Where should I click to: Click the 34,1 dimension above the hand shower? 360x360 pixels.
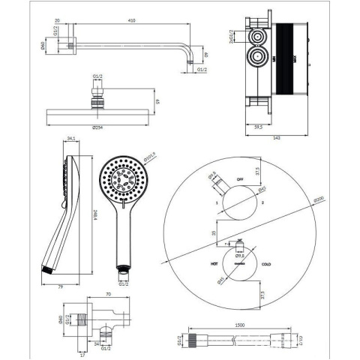70,138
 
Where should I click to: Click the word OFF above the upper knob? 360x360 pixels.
240,180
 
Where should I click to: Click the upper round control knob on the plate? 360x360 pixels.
239,202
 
